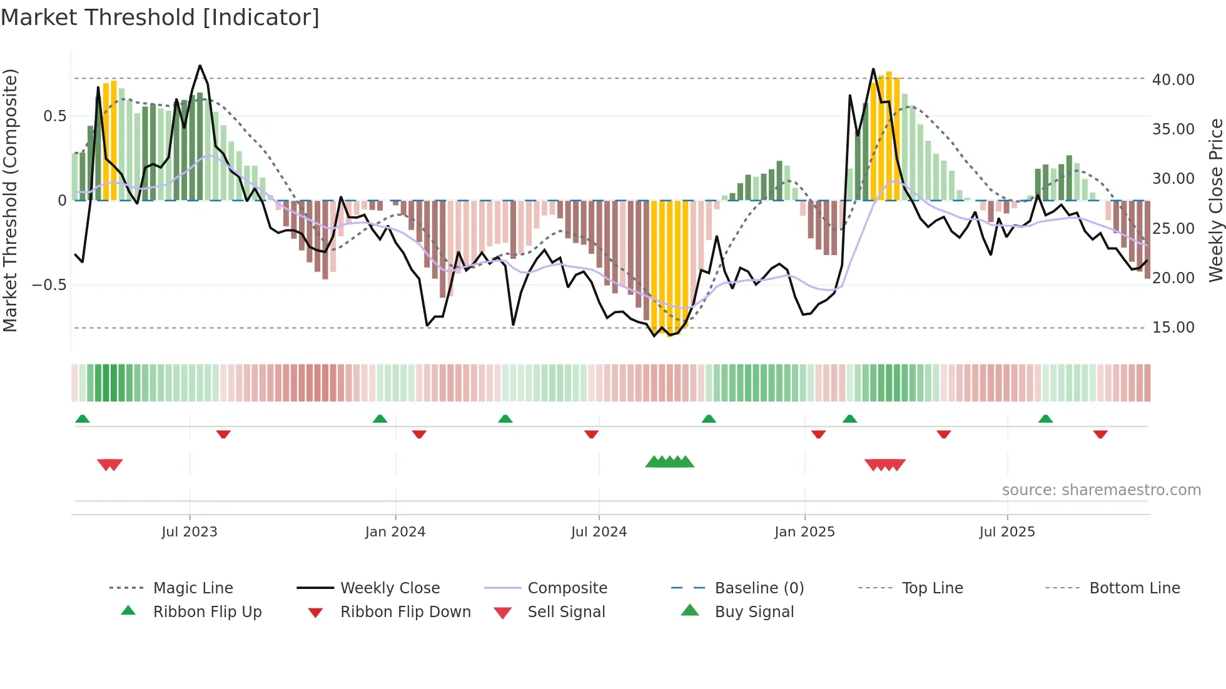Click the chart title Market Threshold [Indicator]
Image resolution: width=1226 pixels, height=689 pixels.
[160, 18]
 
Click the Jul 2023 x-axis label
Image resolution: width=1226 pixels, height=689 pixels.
[189, 532]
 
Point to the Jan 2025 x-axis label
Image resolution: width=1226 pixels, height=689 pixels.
[804, 532]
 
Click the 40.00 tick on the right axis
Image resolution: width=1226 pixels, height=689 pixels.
[1173, 80]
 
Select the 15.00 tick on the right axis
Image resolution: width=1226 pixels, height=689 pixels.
[1173, 328]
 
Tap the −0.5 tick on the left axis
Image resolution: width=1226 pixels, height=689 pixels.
[49, 285]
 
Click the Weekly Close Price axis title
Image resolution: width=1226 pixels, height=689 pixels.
[1215, 200]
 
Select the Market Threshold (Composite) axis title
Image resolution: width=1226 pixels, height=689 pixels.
[10, 200]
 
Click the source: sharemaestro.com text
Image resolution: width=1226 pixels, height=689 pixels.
[1101, 490]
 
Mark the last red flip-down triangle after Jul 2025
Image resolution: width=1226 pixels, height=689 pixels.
[1100, 434]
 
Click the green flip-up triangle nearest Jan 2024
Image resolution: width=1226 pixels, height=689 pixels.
[380, 419]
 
